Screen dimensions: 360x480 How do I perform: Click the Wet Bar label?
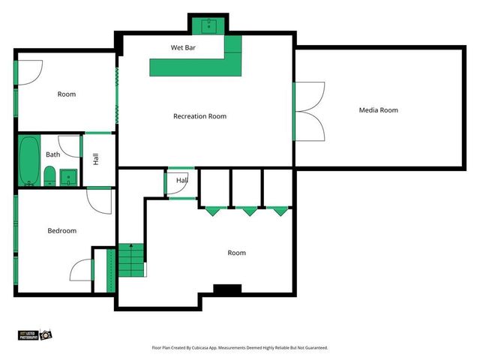click(184, 47)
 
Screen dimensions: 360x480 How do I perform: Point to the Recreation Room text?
click(199, 116)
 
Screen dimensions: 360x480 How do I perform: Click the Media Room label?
click(378, 110)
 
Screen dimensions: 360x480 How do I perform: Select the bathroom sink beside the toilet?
click(68, 178)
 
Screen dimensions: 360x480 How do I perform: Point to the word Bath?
click(52, 154)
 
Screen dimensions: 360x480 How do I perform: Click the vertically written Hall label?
click(95, 159)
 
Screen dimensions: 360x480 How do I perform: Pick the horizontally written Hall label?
click(182, 181)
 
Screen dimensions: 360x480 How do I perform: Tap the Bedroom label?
click(62, 231)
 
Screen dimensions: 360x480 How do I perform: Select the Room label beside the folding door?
click(67, 94)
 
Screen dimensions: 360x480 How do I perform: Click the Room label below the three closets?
click(236, 253)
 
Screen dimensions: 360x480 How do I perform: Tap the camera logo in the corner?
click(45, 334)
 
